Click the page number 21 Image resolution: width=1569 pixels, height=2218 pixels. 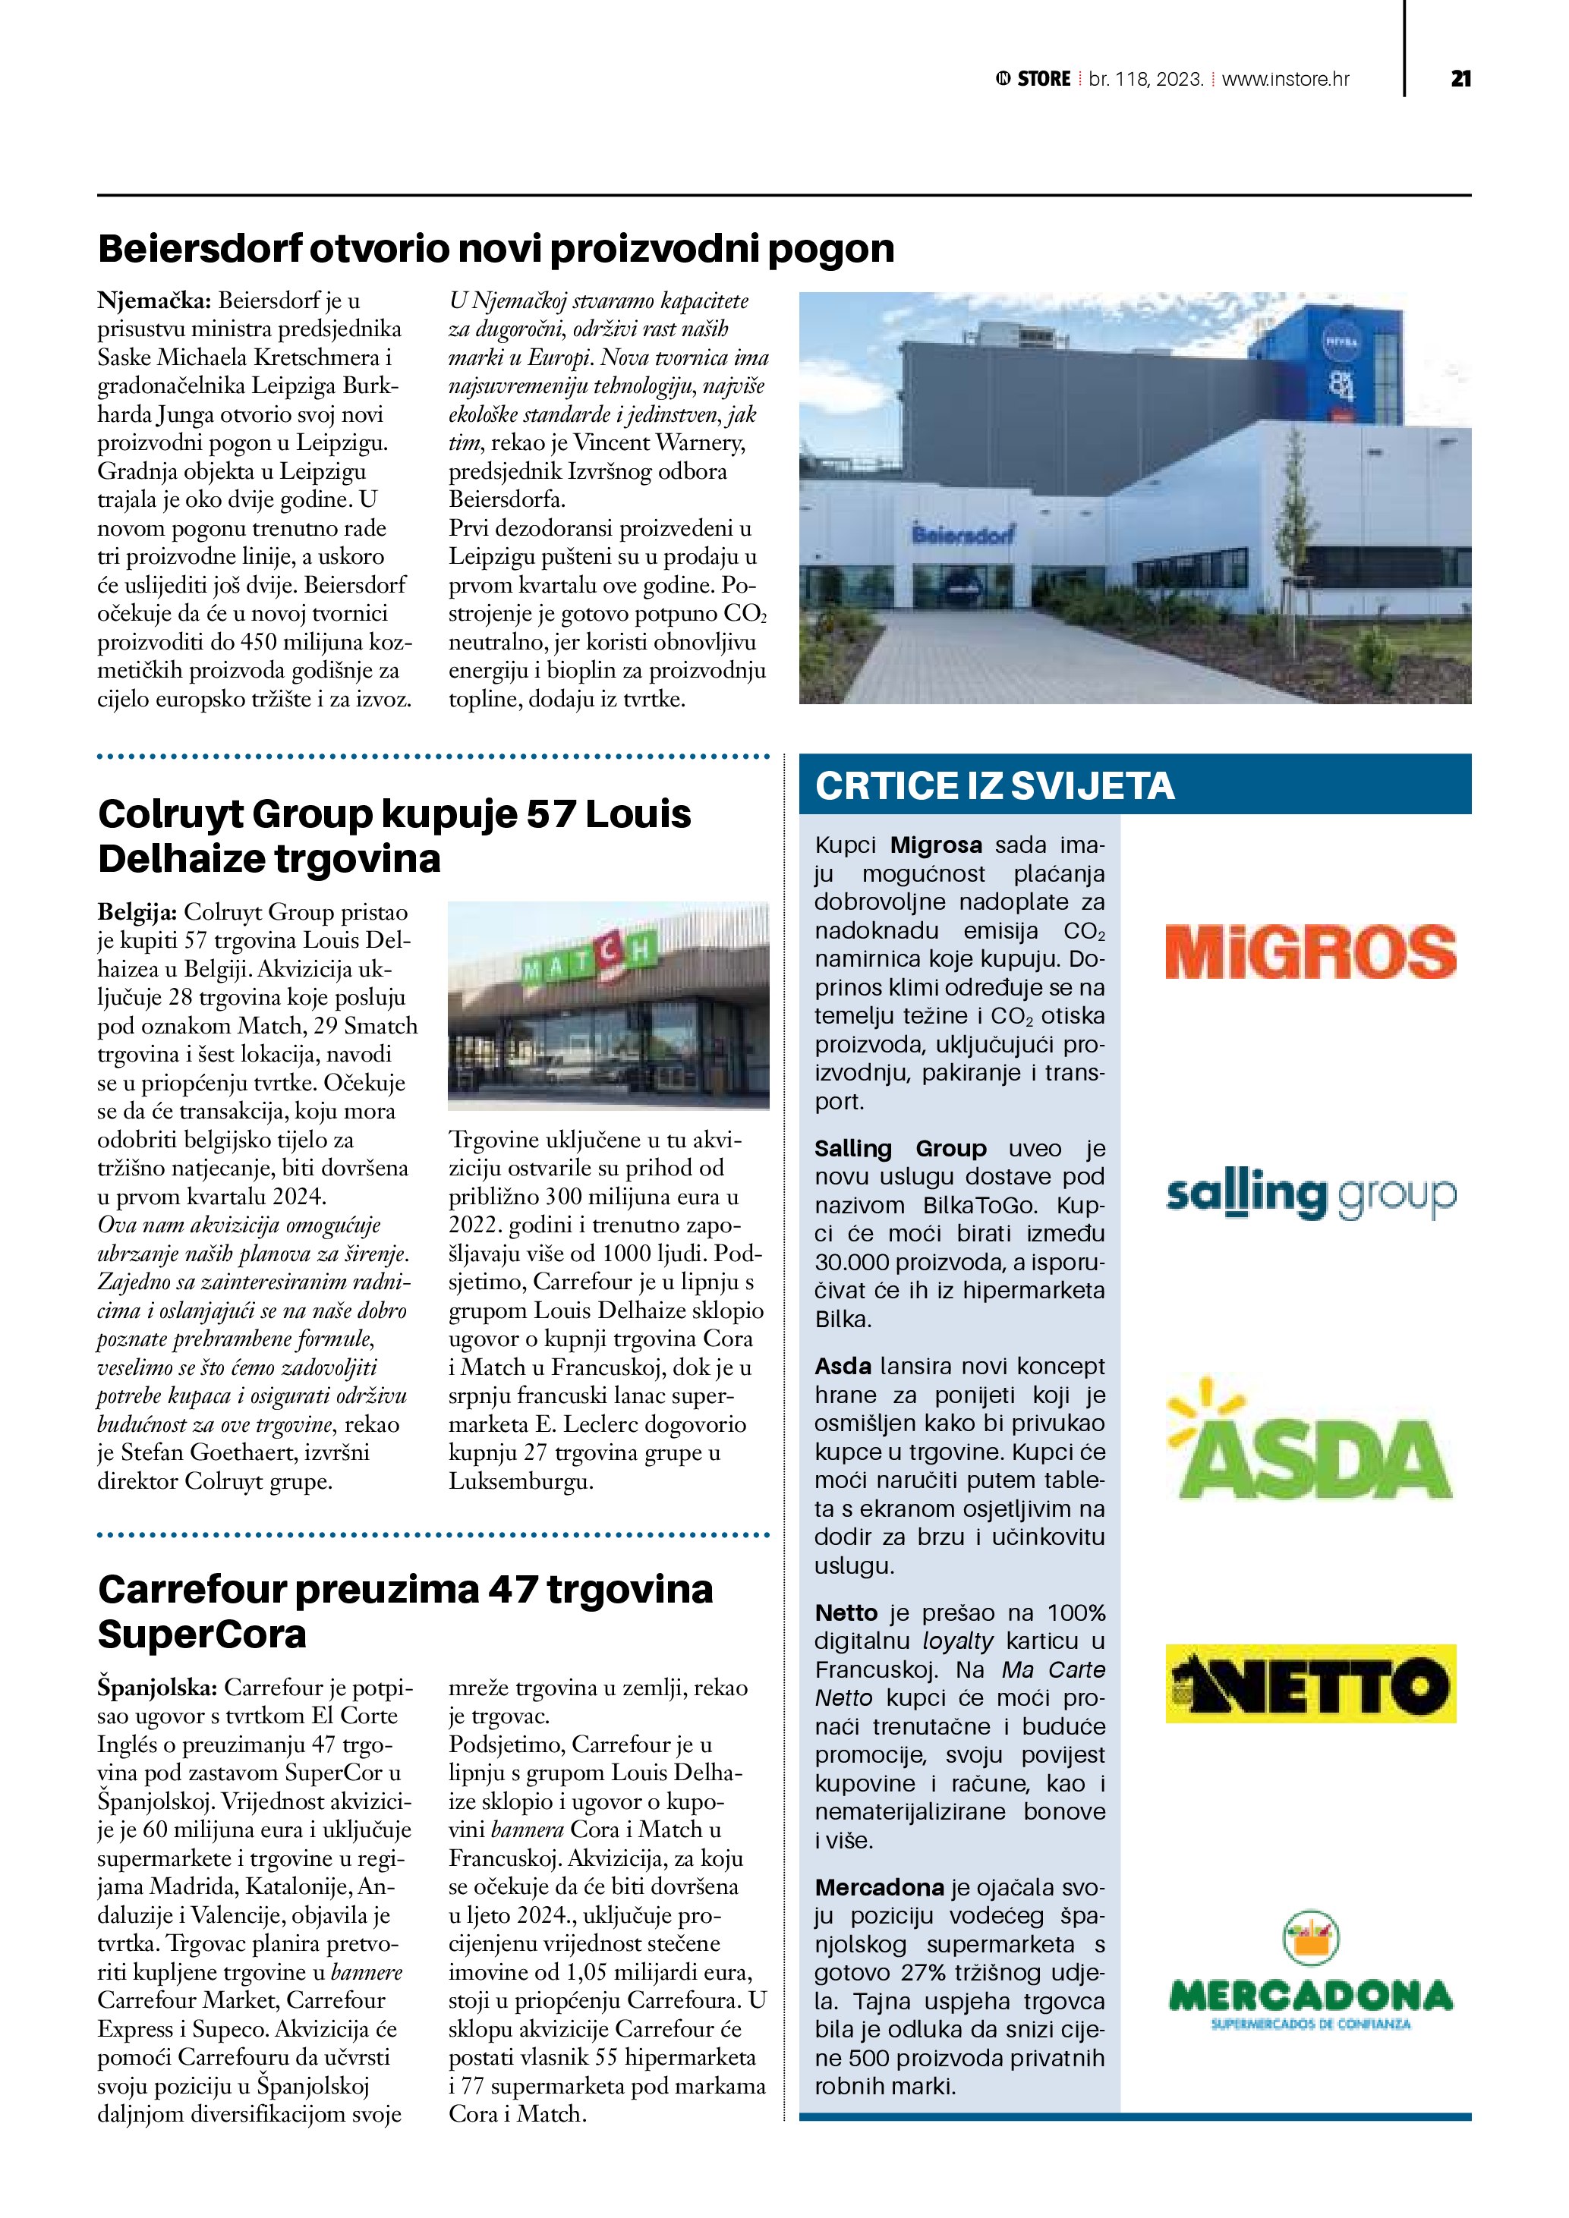tap(1460, 79)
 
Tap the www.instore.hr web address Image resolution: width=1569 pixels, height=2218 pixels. tap(1285, 79)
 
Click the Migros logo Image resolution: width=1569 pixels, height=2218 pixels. tap(1310, 952)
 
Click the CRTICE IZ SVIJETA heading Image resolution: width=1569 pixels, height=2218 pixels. tap(994, 785)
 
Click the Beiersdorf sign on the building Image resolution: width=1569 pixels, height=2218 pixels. tap(963, 533)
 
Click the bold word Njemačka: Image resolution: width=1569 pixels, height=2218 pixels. tap(153, 300)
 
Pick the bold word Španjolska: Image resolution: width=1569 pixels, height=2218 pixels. tap(156, 1688)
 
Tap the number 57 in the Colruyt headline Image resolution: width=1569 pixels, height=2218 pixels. tap(550, 814)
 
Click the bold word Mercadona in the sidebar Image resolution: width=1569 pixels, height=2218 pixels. tap(879, 1888)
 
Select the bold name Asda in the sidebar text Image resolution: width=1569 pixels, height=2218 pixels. tap(843, 1366)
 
